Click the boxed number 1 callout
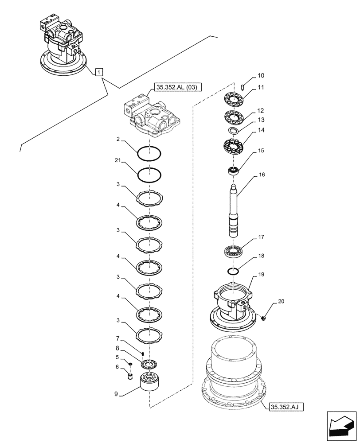[x=99, y=71]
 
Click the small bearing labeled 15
[x=233, y=169]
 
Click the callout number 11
[x=261, y=88]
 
